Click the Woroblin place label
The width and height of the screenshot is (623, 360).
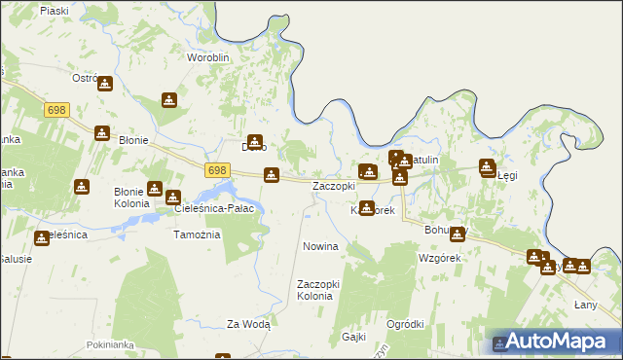click(207, 57)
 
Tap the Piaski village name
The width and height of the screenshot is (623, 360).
click(55, 10)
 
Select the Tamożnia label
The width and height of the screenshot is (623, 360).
click(197, 234)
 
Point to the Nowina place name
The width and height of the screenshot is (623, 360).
click(320, 246)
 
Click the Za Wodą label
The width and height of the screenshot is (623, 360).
click(248, 324)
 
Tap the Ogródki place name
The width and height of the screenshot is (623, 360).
click(405, 324)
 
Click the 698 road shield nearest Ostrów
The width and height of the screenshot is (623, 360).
click(55, 111)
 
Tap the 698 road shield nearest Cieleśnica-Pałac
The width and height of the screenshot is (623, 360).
click(218, 169)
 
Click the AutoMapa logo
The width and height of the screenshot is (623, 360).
click(555, 342)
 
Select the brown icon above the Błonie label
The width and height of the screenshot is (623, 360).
click(102, 133)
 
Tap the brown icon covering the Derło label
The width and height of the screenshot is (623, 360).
click(255, 142)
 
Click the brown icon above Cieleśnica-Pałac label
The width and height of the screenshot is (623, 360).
click(173, 198)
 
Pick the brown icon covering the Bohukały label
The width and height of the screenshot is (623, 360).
click(457, 233)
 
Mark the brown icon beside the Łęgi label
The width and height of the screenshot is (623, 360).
click(488, 167)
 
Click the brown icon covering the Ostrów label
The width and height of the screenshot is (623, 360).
click(105, 85)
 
